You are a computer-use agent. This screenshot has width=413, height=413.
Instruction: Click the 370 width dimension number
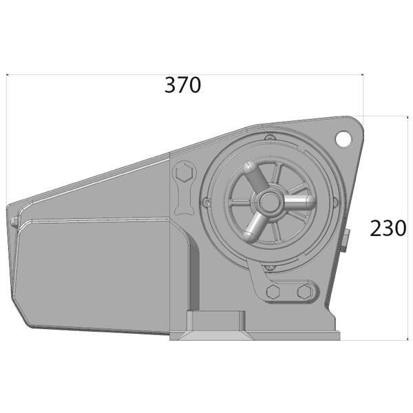[x=182, y=85]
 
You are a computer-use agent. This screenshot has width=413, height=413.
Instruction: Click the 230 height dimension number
[x=388, y=228]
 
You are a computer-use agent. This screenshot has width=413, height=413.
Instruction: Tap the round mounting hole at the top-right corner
[x=343, y=138]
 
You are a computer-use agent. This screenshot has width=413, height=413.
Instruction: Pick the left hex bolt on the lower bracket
[x=272, y=293]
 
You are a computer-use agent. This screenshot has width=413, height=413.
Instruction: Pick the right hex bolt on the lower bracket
[x=304, y=293]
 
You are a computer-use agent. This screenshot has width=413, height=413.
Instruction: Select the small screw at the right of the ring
[x=335, y=202]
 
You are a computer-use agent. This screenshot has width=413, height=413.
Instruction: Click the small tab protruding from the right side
[x=348, y=237]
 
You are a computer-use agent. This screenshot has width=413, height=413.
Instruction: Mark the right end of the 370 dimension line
[x=363, y=74]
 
